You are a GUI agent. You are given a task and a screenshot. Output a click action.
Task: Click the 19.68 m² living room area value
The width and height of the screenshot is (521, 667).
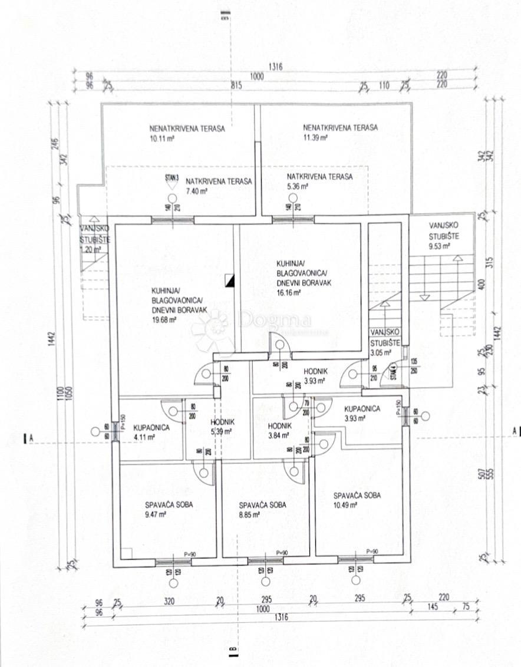pyautogui.click(x=164, y=321)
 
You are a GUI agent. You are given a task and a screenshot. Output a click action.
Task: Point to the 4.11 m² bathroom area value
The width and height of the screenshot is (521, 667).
pyautogui.click(x=143, y=437)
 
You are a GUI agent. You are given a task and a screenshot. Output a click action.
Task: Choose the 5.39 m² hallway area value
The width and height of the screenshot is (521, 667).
pyautogui.click(x=222, y=431)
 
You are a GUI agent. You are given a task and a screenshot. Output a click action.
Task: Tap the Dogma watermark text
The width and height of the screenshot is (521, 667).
pyautogui.click(x=274, y=321)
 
